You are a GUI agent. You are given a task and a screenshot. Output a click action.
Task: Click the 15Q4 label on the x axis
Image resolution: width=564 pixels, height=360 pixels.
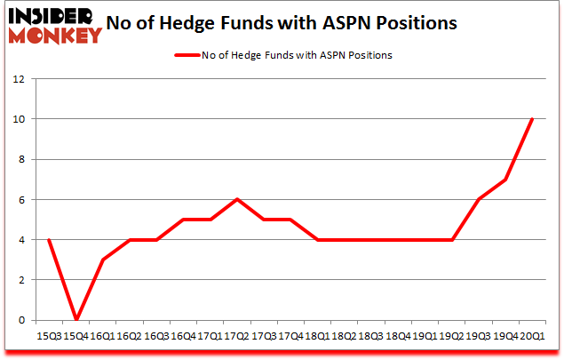click(75, 337)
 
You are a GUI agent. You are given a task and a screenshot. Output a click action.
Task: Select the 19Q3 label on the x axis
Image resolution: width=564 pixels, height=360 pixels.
click(481, 337)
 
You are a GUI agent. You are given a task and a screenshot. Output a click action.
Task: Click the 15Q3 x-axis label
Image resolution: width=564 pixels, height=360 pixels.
click(51, 337)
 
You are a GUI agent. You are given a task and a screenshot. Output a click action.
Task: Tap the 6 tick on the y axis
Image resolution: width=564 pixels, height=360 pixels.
click(20, 199)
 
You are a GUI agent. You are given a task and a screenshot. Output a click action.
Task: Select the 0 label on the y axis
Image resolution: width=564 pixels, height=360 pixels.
click(20, 320)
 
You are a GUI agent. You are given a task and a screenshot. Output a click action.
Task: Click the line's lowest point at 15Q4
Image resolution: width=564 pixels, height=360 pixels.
click(77, 320)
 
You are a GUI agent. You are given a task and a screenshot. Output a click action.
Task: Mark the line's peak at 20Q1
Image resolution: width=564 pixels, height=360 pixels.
click(531, 118)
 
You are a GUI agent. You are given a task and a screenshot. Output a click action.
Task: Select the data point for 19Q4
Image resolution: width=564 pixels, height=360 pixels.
click(506, 179)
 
